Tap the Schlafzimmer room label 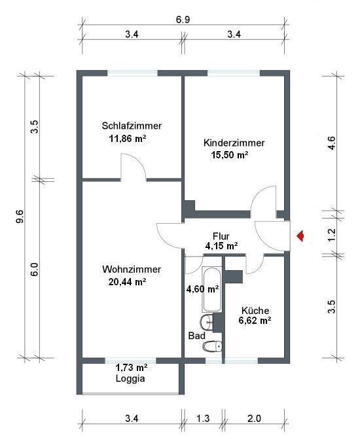[132, 126]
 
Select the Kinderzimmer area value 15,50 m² [230, 155]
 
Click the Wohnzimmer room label [132, 270]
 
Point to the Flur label [221, 236]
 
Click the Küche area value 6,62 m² [255, 320]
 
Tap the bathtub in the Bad [212, 290]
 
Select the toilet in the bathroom [212, 346]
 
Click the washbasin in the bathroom [207, 322]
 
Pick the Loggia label [130, 379]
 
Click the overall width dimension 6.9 [183, 20]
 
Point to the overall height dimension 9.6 [20, 217]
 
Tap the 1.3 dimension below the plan [203, 419]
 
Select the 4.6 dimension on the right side [331, 143]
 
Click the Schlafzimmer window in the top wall [132, 73]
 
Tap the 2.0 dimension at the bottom [255, 419]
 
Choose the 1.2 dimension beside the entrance [331, 235]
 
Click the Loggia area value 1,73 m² [132, 367]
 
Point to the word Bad [196, 336]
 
